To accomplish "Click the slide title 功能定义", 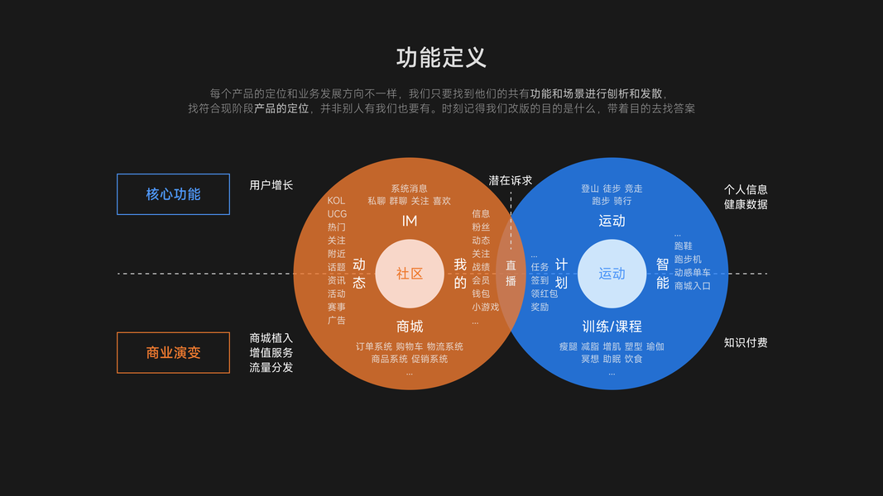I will [x=441, y=57].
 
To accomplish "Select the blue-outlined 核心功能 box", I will [x=173, y=194].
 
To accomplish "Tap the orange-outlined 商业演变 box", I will [x=173, y=353].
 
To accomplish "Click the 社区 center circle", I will [x=410, y=274].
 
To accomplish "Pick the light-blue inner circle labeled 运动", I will [x=612, y=274].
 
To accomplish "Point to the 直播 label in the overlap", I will [x=511, y=274].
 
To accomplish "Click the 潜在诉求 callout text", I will [x=510, y=180].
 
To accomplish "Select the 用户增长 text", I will [x=271, y=185].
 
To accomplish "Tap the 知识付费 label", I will [x=746, y=342].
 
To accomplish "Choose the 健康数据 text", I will [x=746, y=204].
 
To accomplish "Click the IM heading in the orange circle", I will [x=410, y=222].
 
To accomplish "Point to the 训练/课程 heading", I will [x=612, y=327].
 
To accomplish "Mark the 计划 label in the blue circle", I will [x=561, y=274].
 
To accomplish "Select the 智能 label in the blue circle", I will [x=662, y=274].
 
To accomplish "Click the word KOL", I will [x=336, y=201].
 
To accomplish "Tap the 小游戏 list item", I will [x=485, y=307].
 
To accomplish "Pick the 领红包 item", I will [x=544, y=293].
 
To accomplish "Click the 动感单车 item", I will [x=692, y=273].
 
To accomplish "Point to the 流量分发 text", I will [x=271, y=367].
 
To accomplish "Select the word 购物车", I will [x=410, y=346].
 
